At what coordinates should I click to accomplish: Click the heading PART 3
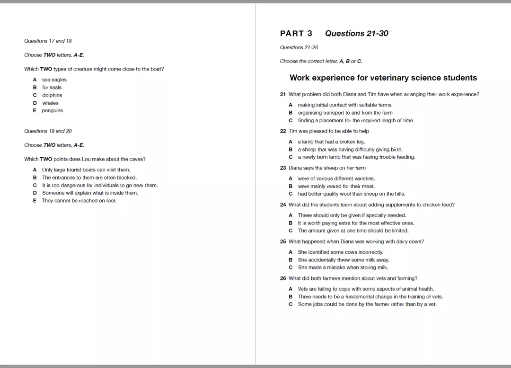pos(296,34)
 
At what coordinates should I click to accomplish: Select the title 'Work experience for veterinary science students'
pos(383,78)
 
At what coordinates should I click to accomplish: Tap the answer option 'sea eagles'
pos(54,80)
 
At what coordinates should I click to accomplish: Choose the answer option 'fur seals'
pos(52,88)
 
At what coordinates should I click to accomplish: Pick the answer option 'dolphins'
pos(52,95)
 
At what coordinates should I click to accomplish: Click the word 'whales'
pos(50,103)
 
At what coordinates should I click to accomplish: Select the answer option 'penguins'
pos(53,111)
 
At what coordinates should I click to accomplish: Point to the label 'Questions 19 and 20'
pos(48,131)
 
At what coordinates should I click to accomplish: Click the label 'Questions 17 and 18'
pos(48,41)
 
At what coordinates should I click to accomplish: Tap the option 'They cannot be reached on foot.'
pos(79,201)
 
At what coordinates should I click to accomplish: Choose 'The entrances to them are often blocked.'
pos(89,178)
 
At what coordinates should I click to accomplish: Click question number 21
pos(283,94)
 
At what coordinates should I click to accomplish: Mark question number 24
pos(283,205)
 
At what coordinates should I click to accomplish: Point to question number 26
pos(283,278)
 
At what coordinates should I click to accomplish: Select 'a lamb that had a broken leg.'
pos(331,142)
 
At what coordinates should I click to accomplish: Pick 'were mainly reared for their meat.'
pos(336,186)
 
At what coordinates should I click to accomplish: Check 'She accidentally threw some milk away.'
pos(344,260)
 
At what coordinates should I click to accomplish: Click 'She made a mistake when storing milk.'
pos(343,268)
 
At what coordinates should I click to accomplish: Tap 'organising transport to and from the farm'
pos(345,113)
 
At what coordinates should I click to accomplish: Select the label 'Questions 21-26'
pos(299,47)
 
